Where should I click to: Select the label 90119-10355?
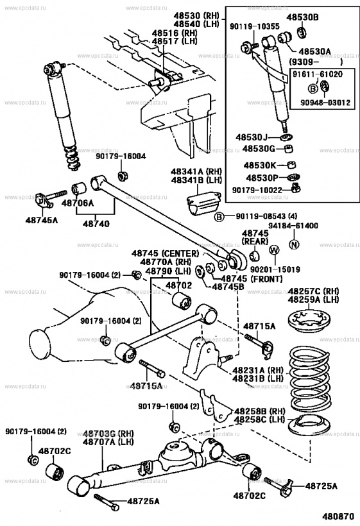click(x=253, y=27)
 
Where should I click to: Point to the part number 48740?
click(x=96, y=224)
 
